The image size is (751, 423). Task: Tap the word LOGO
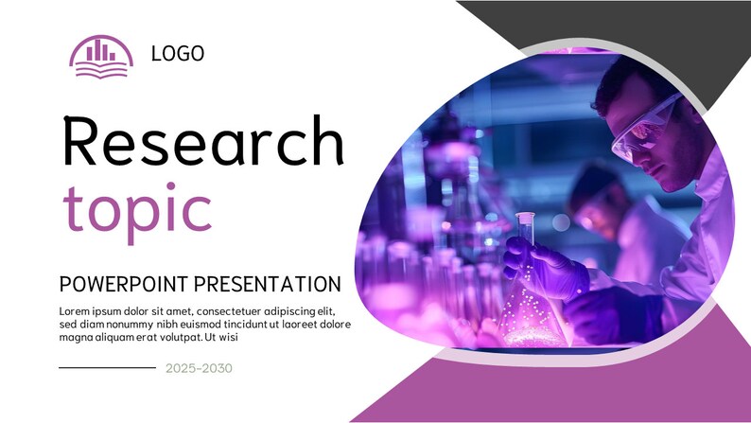pyautogui.click(x=178, y=54)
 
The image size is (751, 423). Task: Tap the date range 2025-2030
pyautogui.click(x=199, y=368)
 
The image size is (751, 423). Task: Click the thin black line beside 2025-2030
pyautogui.click(x=107, y=367)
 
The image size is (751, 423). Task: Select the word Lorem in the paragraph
pyautogui.click(x=78, y=311)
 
